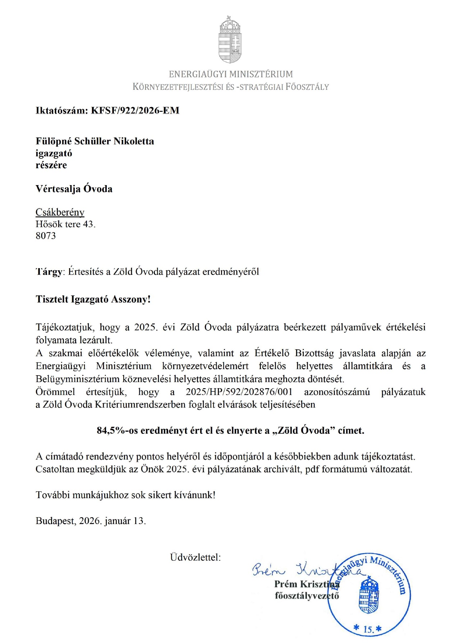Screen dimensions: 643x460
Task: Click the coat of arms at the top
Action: click(x=230, y=40)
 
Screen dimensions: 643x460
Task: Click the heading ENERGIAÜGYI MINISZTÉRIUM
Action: click(x=231, y=74)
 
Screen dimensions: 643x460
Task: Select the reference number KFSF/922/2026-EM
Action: click(x=135, y=110)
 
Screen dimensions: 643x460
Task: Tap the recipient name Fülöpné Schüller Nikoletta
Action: click(x=95, y=141)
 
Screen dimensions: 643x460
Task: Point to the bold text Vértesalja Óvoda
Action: click(x=74, y=189)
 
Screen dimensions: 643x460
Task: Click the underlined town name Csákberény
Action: click(x=60, y=212)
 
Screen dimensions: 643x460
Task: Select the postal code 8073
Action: click(x=46, y=236)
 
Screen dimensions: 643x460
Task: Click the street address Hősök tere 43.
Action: click(x=65, y=224)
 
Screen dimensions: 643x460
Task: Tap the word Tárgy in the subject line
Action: click(x=49, y=272)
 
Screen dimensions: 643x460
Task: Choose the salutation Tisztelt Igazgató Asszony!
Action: click(x=93, y=299)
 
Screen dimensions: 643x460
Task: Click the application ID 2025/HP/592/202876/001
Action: click(x=239, y=392)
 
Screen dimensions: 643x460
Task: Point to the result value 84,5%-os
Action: click(x=117, y=431)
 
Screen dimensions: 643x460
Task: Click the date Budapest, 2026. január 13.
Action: click(x=91, y=521)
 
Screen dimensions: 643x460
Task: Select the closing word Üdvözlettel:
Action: click(x=195, y=557)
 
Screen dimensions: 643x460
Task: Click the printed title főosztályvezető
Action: click(x=307, y=596)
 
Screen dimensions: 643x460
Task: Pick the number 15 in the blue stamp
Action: click(x=368, y=629)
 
